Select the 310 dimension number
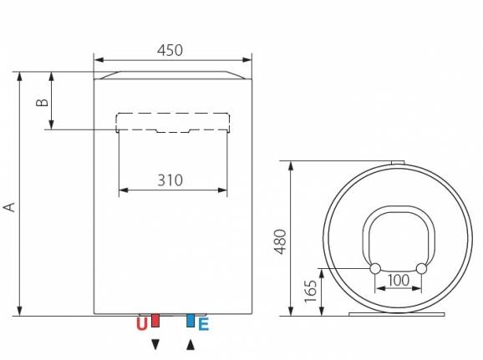pyautogui.click(x=170, y=180)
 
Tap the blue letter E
pyautogui.click(x=203, y=324)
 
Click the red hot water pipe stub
pyautogui.click(x=154, y=321)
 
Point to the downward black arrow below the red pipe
pyautogui.click(x=154, y=343)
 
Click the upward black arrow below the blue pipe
pyautogui.click(x=191, y=343)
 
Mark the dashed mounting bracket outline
pyautogui.click(x=172, y=122)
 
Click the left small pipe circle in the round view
pyautogui.click(x=374, y=268)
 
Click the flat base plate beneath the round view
pyautogui.click(x=398, y=315)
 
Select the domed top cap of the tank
pyautogui.click(x=172, y=75)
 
